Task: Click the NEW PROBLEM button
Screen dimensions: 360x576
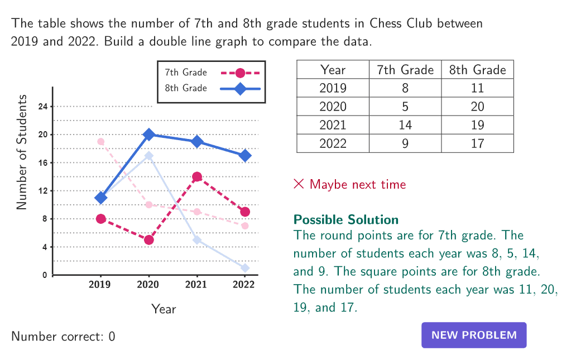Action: click(474, 335)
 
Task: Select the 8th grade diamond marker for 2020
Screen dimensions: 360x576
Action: click(148, 135)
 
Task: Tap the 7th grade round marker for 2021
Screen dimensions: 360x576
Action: click(196, 177)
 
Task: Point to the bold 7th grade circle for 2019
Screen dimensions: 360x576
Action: click(100, 219)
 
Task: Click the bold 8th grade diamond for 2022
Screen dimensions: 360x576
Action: click(244, 156)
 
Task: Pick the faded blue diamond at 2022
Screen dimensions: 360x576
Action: click(244, 268)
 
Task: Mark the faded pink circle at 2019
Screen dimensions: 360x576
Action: click(100, 142)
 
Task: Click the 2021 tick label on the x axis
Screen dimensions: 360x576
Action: click(196, 285)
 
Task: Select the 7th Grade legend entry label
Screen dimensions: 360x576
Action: click(186, 73)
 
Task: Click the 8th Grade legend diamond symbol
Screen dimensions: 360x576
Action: click(240, 88)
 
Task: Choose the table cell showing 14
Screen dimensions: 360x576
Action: click(405, 125)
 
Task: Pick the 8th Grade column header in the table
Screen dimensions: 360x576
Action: click(477, 70)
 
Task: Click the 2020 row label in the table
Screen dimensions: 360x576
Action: click(333, 107)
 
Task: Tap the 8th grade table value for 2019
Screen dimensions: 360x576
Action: click(477, 88)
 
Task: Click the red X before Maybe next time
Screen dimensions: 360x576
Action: click(299, 184)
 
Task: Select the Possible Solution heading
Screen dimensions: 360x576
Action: click(346, 219)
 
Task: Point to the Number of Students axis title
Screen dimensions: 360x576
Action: click(22, 152)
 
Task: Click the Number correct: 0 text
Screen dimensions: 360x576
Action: click(63, 337)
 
